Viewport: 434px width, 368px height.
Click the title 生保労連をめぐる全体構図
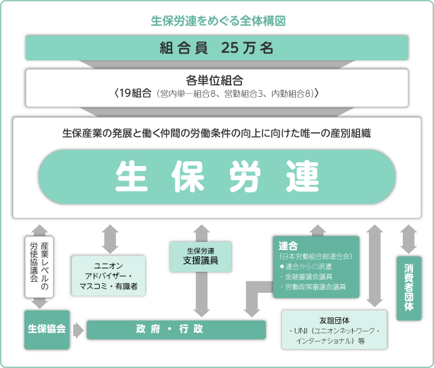pos(217,20)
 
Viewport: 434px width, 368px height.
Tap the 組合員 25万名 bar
pos(217,48)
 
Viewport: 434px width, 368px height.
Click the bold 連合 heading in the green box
pos(288,246)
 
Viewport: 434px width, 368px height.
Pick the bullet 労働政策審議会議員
pos(313,287)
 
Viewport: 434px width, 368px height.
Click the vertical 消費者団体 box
pos(408,288)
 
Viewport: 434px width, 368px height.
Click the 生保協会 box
pos(47,329)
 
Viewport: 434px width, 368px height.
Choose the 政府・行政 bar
pos(175,330)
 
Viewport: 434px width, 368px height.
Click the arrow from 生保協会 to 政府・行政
pos(78,330)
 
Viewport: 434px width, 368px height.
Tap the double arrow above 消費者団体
pos(408,238)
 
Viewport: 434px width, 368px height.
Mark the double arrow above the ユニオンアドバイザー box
pos(108,238)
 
